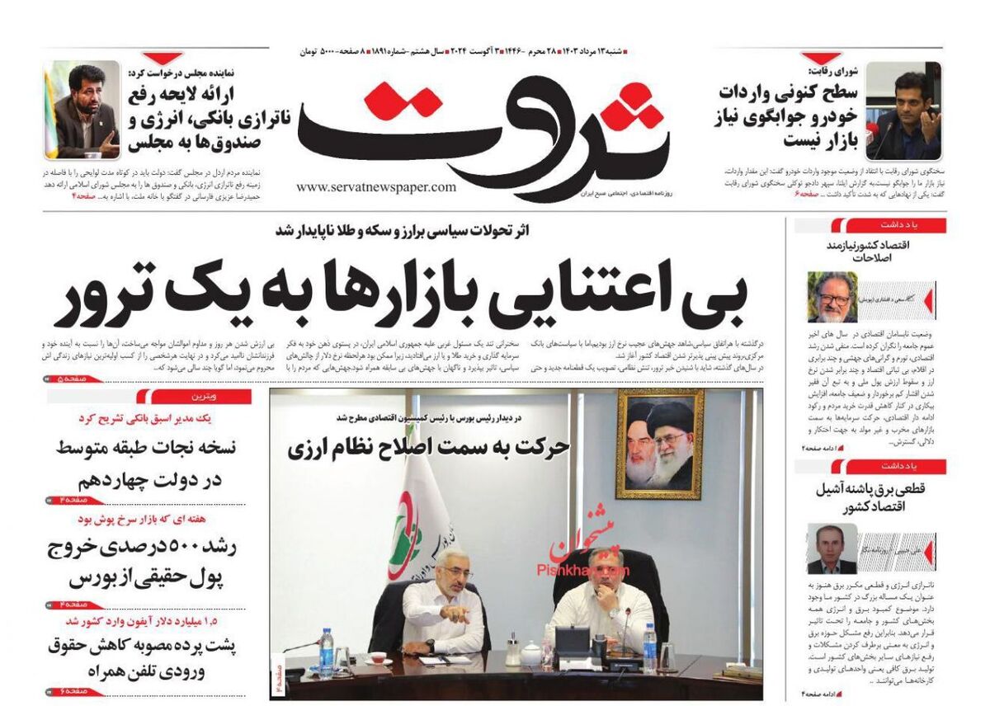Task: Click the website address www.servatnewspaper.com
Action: point(375,187)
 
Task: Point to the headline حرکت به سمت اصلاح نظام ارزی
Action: point(428,447)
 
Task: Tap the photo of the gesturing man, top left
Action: point(82,110)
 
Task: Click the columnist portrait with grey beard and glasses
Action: point(832,297)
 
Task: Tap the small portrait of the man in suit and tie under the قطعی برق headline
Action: point(832,548)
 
